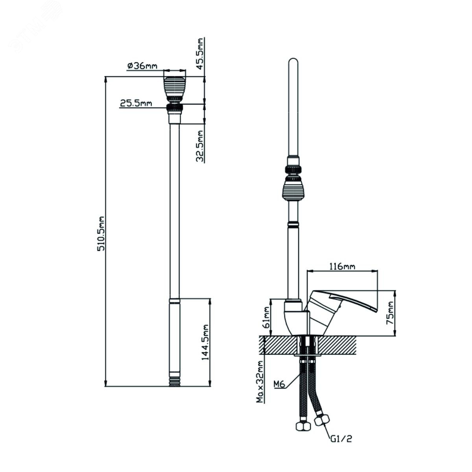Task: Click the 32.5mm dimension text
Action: pos(200,146)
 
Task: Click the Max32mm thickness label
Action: pos(260,382)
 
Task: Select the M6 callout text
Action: pos(279,384)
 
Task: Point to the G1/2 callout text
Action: pos(341,438)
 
